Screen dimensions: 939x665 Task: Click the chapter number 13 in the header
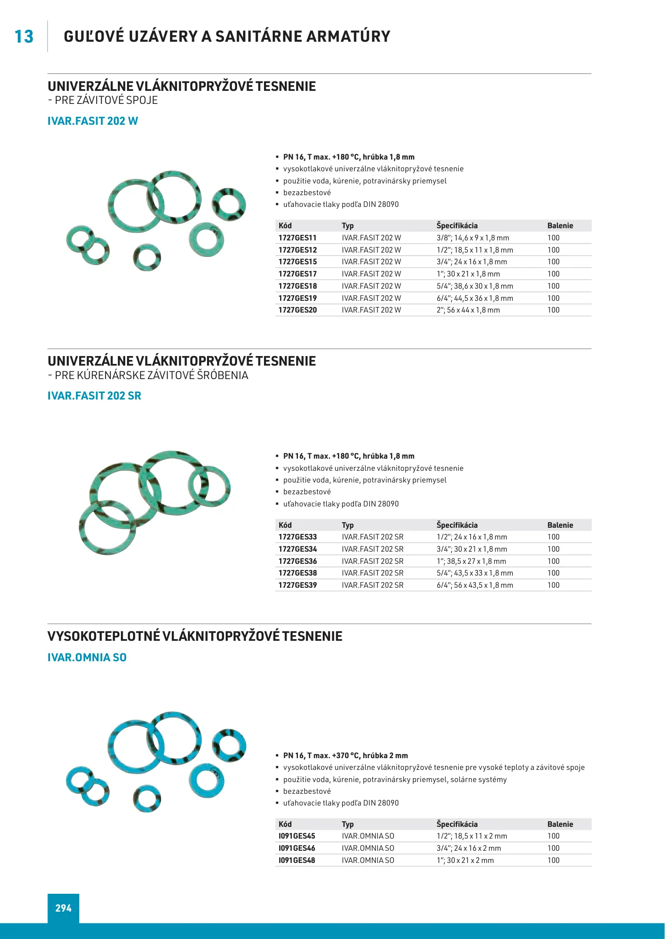pyautogui.click(x=24, y=37)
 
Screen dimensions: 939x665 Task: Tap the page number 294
pyautogui.click(x=63, y=908)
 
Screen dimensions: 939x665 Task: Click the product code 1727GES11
pyautogui.click(x=297, y=238)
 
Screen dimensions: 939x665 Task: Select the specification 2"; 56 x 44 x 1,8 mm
pyautogui.click(x=468, y=310)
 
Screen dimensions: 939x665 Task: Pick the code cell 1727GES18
pyautogui.click(x=297, y=286)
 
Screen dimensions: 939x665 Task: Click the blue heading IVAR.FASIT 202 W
pyautogui.click(x=93, y=121)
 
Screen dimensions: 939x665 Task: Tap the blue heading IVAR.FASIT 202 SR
pyautogui.click(x=94, y=396)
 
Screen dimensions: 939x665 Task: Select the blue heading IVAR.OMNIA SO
pyautogui.click(x=87, y=657)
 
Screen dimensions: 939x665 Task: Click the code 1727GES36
pyautogui.click(x=297, y=561)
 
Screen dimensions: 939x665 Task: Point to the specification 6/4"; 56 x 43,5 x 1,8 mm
pyautogui.click(x=475, y=585)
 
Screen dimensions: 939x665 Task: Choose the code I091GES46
pyautogui.click(x=297, y=848)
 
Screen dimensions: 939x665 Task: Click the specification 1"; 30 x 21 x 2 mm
pyautogui.click(x=465, y=860)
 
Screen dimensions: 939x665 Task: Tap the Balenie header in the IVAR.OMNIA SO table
pyautogui.click(x=560, y=824)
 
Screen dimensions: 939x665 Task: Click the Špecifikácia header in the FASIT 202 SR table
pyautogui.click(x=457, y=525)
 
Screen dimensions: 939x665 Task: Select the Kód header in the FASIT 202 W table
pyautogui.click(x=285, y=226)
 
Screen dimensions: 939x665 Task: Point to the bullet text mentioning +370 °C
pyautogui.click(x=345, y=756)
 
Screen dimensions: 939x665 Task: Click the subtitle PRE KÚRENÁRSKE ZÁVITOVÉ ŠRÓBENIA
pyautogui.click(x=151, y=375)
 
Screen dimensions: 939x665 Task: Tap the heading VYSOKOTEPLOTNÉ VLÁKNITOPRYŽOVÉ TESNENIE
pyautogui.click(x=195, y=636)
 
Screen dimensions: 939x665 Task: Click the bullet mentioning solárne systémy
pyautogui.click(x=394, y=779)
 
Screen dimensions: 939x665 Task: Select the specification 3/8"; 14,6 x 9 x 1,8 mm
pyautogui.click(x=473, y=238)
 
